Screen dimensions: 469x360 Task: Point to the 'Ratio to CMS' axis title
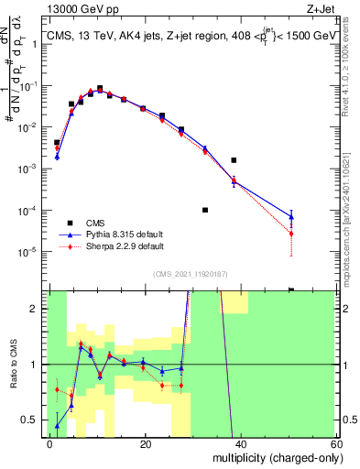click(x=13, y=364)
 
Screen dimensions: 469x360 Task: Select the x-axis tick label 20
click(x=145, y=443)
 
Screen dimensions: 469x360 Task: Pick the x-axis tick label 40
click(x=240, y=443)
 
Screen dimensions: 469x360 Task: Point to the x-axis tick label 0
click(x=50, y=443)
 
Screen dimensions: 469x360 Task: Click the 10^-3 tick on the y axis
click(x=31, y=169)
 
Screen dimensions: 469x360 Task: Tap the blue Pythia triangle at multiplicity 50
click(x=291, y=217)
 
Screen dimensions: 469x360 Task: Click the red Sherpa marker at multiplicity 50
click(x=291, y=234)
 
